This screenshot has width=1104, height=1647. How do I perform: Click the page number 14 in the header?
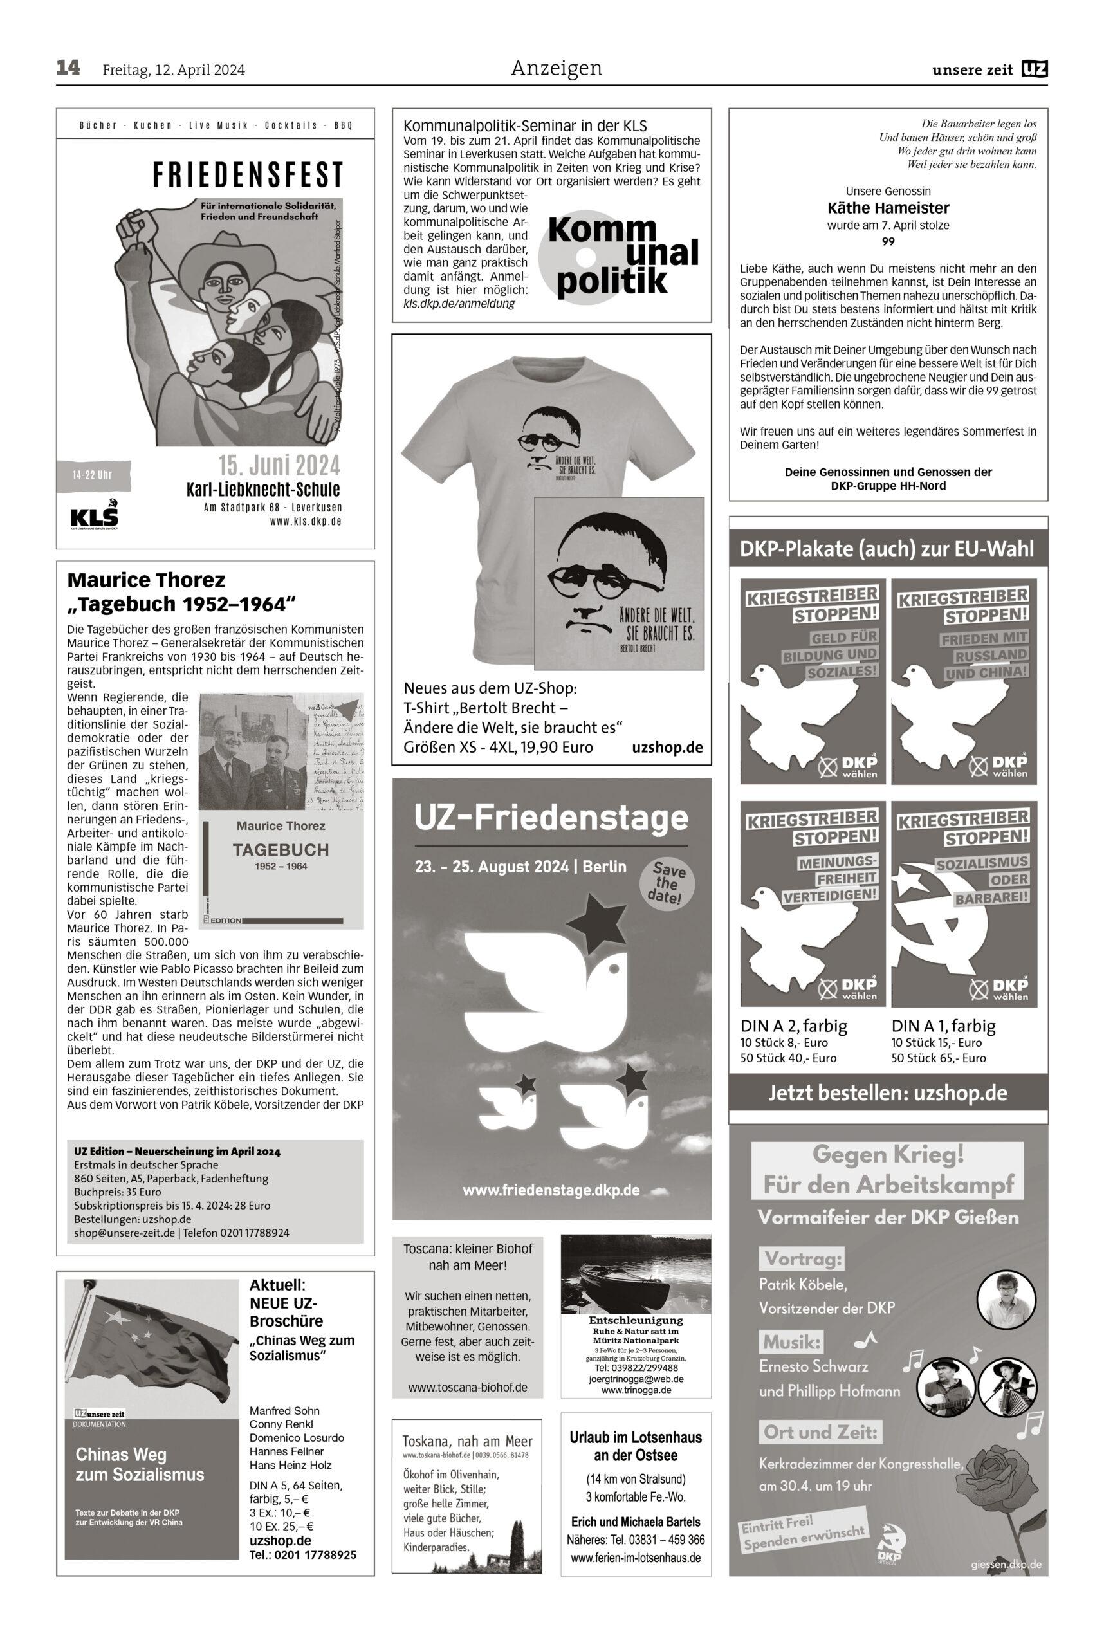tap(68, 68)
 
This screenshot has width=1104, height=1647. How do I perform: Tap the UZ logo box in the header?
tap(1035, 69)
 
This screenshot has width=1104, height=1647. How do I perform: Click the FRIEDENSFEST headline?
tap(248, 174)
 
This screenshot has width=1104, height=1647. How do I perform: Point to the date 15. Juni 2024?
tap(279, 465)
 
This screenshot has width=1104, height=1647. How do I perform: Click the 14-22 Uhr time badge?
tap(92, 475)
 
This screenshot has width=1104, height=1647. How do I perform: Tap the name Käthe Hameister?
tap(888, 208)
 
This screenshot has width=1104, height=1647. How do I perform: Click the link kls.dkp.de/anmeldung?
tap(458, 304)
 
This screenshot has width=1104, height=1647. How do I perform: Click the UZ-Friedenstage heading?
tap(551, 818)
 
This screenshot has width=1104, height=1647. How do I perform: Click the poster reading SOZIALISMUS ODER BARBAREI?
tap(963, 903)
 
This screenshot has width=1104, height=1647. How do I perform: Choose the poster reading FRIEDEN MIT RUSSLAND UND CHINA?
tap(963, 681)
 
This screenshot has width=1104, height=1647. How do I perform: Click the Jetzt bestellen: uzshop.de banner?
tap(887, 1093)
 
